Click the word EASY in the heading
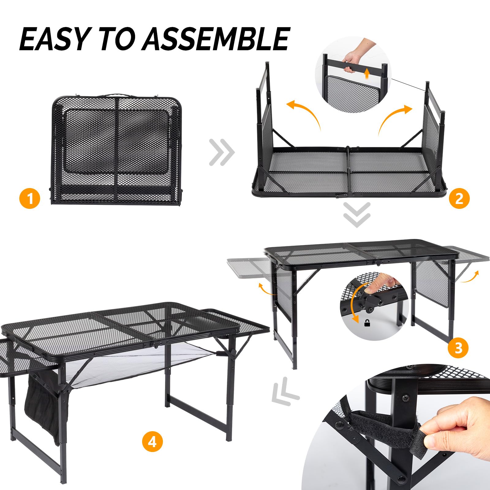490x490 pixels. [54, 39]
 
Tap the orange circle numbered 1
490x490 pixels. [30, 198]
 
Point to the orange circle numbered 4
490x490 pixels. [152, 442]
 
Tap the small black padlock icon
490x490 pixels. [367, 323]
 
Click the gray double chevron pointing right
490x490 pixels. [222, 152]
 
